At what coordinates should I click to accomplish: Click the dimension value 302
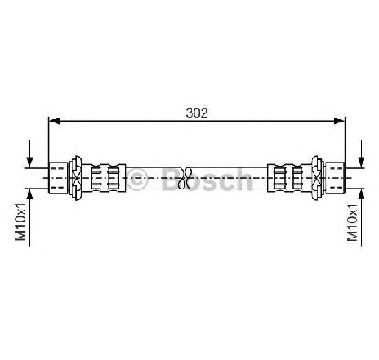tap(197, 113)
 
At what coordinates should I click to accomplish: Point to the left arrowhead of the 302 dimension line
tap(54, 121)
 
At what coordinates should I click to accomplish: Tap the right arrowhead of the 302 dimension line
tap(339, 121)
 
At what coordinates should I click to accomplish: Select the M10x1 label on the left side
tap(20, 222)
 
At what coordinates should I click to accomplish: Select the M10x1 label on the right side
tap(352, 222)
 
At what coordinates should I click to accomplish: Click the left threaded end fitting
tap(58, 178)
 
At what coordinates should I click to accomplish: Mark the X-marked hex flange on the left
tap(76, 178)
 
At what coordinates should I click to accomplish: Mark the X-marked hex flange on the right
tap(318, 178)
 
